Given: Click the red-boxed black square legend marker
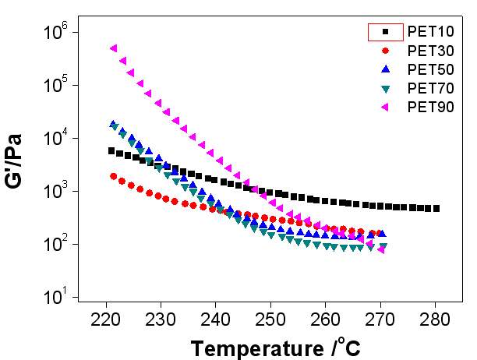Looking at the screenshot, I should coord(385,32).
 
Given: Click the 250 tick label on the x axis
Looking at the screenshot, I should coord(270,319).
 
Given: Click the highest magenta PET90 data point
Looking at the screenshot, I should coord(114,48).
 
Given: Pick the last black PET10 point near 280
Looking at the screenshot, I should coord(436,209).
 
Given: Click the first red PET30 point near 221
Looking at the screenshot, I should coord(114,177).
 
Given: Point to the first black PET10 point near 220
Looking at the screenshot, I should coord(111,151).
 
